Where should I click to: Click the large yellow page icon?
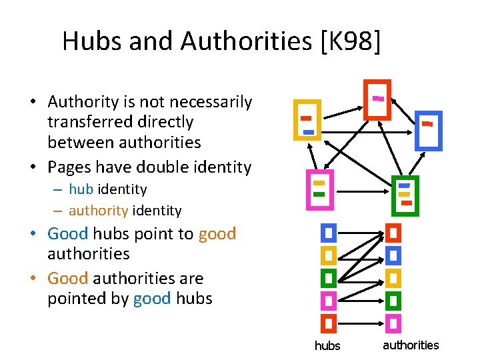click(307, 120)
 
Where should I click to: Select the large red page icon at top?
click(377, 99)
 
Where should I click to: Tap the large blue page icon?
click(428, 130)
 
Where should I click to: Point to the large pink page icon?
click(319, 189)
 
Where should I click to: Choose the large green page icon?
click(405, 196)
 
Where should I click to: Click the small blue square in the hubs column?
click(328, 233)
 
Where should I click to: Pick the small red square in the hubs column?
click(328, 323)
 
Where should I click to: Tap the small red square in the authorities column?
click(393, 233)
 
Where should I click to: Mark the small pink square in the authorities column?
click(393, 323)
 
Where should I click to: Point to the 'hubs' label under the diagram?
click(327, 346)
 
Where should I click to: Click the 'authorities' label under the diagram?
click(411, 345)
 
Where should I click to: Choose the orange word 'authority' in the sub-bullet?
click(98, 211)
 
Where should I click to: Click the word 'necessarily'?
click(211, 102)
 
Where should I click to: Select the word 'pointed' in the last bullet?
click(75, 298)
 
